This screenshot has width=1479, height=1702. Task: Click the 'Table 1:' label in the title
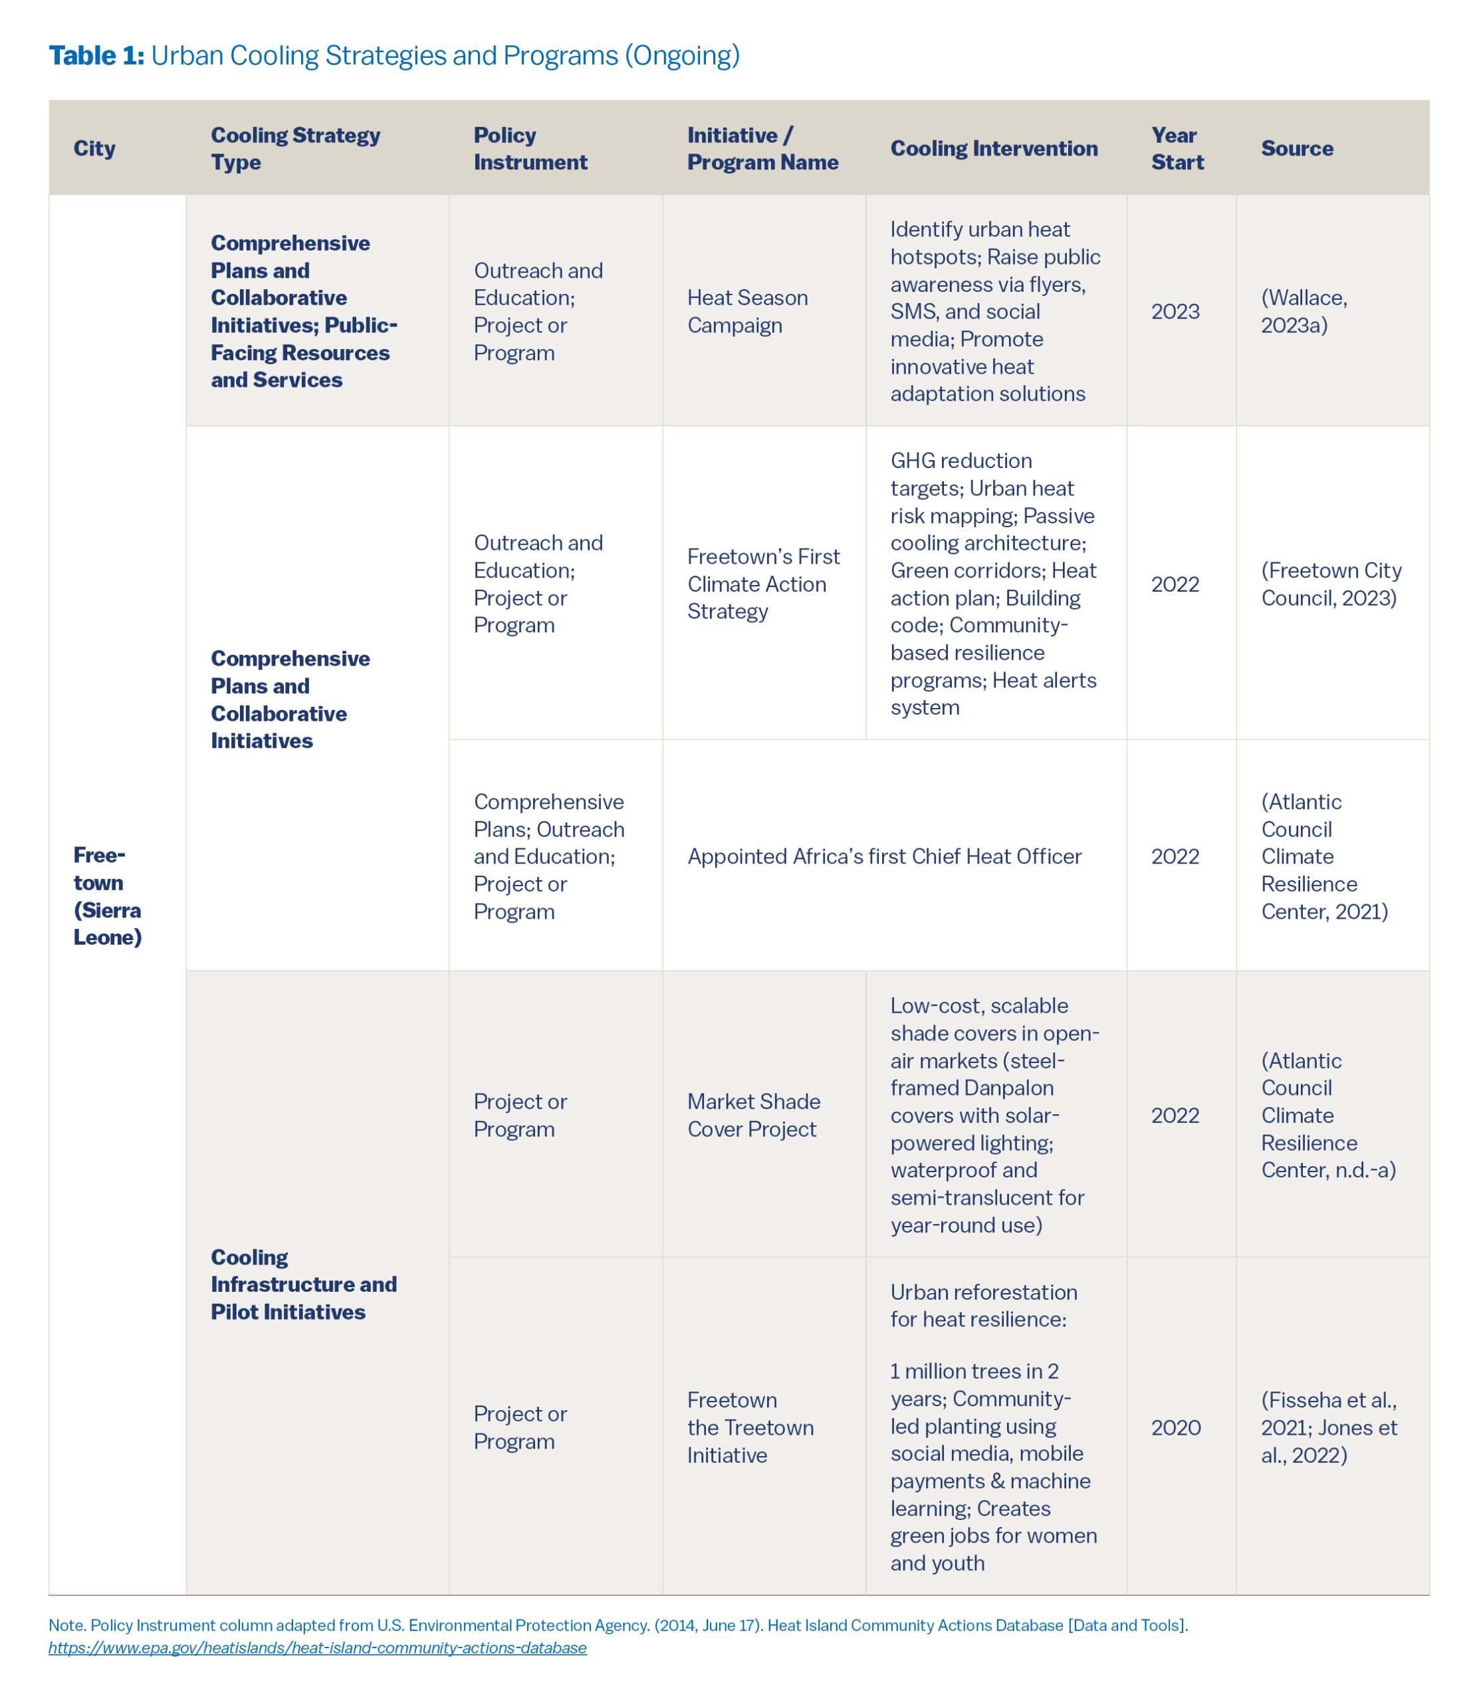point(96,55)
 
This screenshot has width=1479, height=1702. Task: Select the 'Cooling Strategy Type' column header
point(294,148)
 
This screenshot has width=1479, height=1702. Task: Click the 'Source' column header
point(1297,148)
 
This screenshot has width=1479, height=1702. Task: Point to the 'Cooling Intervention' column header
point(994,148)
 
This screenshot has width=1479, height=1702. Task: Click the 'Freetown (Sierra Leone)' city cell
point(107,896)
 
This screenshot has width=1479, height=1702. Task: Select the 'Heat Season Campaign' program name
point(747,311)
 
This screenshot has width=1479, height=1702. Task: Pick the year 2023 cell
point(1175,311)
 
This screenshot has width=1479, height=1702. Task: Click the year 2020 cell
point(1175,1427)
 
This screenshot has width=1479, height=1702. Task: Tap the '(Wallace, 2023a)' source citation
point(1304,311)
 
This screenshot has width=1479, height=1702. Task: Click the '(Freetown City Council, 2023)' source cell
point(1331,584)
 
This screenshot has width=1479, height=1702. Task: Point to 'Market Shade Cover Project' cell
point(754,1115)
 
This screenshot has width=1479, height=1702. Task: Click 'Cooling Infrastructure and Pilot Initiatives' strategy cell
point(303,1284)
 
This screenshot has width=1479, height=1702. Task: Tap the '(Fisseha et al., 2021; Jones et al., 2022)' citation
point(1329,1427)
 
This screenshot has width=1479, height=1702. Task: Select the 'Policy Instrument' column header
point(530,148)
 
